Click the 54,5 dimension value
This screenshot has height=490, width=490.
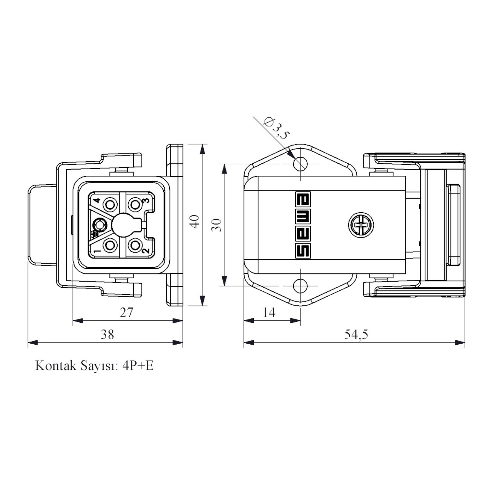click(x=356, y=334)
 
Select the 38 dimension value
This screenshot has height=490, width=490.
click(x=107, y=334)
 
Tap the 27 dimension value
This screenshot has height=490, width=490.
click(x=126, y=313)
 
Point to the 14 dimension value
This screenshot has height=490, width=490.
click(x=269, y=313)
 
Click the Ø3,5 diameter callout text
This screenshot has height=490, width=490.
click(x=276, y=128)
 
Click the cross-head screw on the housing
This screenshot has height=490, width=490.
click(x=361, y=225)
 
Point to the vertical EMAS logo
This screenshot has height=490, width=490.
click(x=303, y=225)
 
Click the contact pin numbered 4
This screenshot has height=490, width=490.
click(x=110, y=205)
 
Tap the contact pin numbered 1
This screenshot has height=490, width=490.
click(x=110, y=245)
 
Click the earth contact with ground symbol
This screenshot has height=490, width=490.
click(x=98, y=225)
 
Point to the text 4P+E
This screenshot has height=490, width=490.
click(x=138, y=365)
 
